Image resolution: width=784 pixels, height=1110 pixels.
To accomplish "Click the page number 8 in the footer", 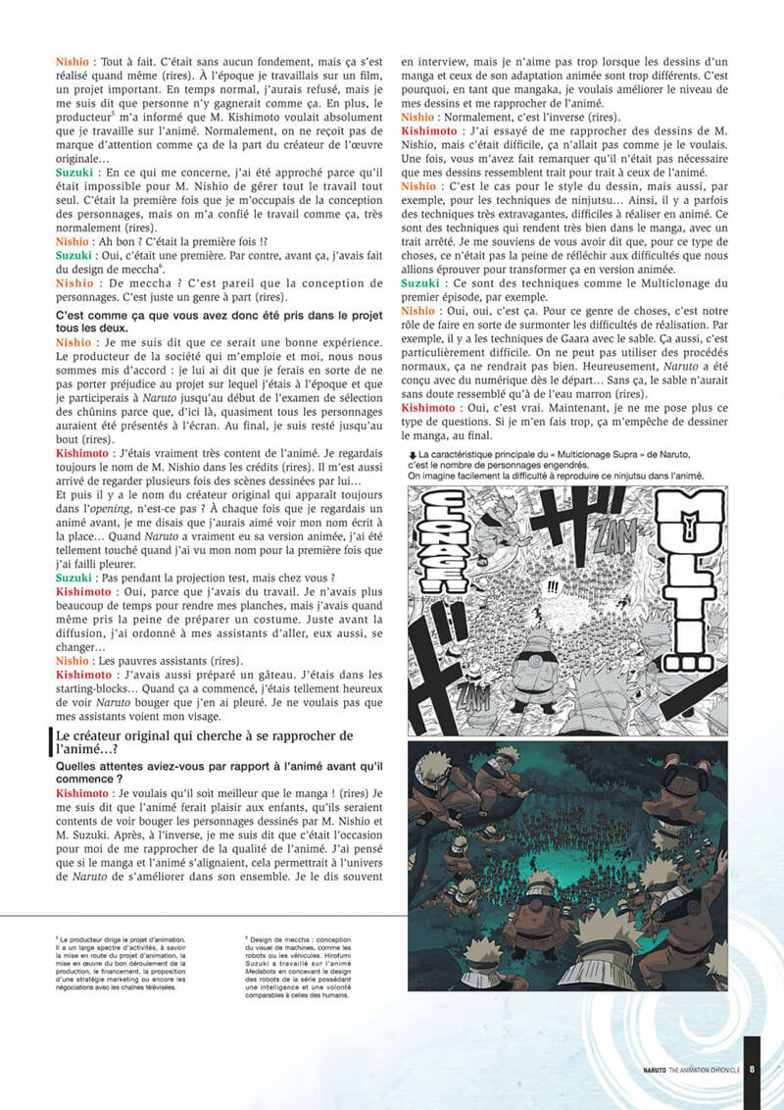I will coord(752,1070).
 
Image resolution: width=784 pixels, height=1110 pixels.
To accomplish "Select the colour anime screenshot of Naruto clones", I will coord(567,865).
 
